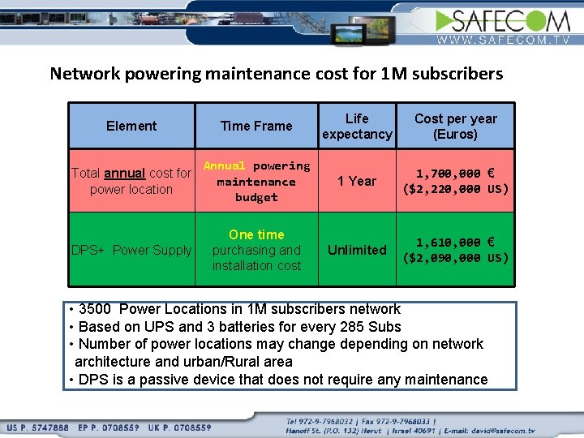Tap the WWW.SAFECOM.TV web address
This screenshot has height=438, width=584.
click(x=504, y=39)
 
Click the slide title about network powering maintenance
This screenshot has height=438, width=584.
click(x=277, y=74)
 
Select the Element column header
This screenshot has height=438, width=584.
click(x=131, y=126)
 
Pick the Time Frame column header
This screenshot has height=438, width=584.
click(x=256, y=126)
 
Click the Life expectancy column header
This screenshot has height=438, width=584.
click(x=357, y=126)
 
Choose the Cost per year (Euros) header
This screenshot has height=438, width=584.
click(x=455, y=126)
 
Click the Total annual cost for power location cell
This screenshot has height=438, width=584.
click(x=131, y=181)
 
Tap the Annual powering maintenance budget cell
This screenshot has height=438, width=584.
click(x=256, y=181)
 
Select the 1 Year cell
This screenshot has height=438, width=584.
click(x=357, y=181)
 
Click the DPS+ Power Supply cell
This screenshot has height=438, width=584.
click(x=131, y=250)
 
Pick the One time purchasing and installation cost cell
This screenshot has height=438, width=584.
click(x=256, y=250)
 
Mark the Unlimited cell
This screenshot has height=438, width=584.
click(x=357, y=250)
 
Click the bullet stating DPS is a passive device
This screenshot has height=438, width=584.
click(x=280, y=380)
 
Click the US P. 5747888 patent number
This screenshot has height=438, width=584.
click(x=41, y=427)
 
